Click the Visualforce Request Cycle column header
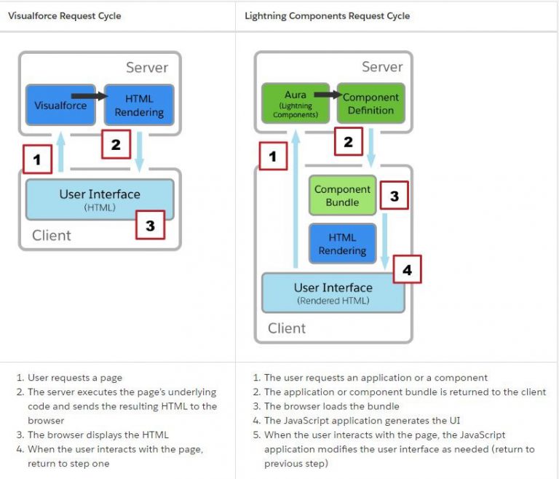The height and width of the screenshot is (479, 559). (65, 15)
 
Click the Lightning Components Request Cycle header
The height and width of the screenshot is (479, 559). (327, 15)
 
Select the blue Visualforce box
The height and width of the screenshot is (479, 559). (60, 106)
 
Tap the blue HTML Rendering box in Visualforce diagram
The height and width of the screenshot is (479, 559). (139, 106)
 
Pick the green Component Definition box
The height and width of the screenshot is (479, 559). (370, 104)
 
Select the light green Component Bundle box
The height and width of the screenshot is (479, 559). (342, 196)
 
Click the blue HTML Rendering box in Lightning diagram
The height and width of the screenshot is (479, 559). (342, 244)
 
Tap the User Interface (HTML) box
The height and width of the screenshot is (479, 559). (100, 199)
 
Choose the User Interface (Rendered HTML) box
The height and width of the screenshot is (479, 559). (333, 293)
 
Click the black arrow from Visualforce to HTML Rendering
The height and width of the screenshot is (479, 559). (90, 95)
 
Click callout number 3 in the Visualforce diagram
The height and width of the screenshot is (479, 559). (150, 226)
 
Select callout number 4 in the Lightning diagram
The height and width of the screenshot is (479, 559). (407, 269)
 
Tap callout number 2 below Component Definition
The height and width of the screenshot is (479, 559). (348, 142)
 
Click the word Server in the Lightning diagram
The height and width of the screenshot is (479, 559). (382, 67)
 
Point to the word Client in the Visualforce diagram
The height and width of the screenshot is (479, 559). (52, 235)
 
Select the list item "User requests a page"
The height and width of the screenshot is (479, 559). (75, 378)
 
